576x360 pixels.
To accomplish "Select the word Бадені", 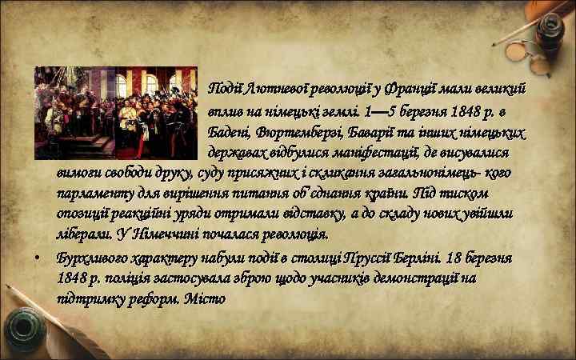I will (230, 130).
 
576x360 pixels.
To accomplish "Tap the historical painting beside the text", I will (115, 113).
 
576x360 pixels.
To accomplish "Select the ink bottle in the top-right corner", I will (549, 32).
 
